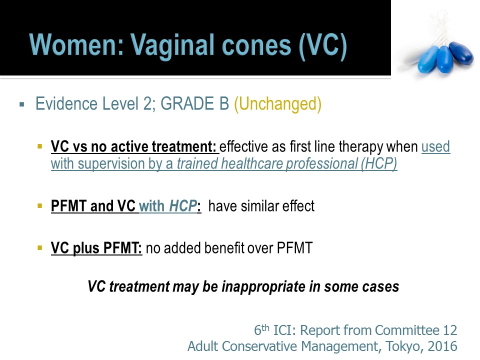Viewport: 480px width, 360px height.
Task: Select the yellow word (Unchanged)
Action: tap(277, 104)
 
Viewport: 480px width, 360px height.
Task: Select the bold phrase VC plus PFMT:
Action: tap(96, 248)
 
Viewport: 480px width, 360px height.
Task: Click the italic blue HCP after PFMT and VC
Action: tap(183, 205)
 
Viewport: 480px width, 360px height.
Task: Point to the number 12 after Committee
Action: tap(450, 330)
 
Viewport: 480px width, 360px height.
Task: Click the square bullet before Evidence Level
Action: tap(21, 104)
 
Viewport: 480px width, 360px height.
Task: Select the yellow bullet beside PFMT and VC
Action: tap(39, 205)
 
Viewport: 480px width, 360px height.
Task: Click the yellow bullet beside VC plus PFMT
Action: tap(39, 247)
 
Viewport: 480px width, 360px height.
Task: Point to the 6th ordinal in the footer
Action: tap(261, 330)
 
